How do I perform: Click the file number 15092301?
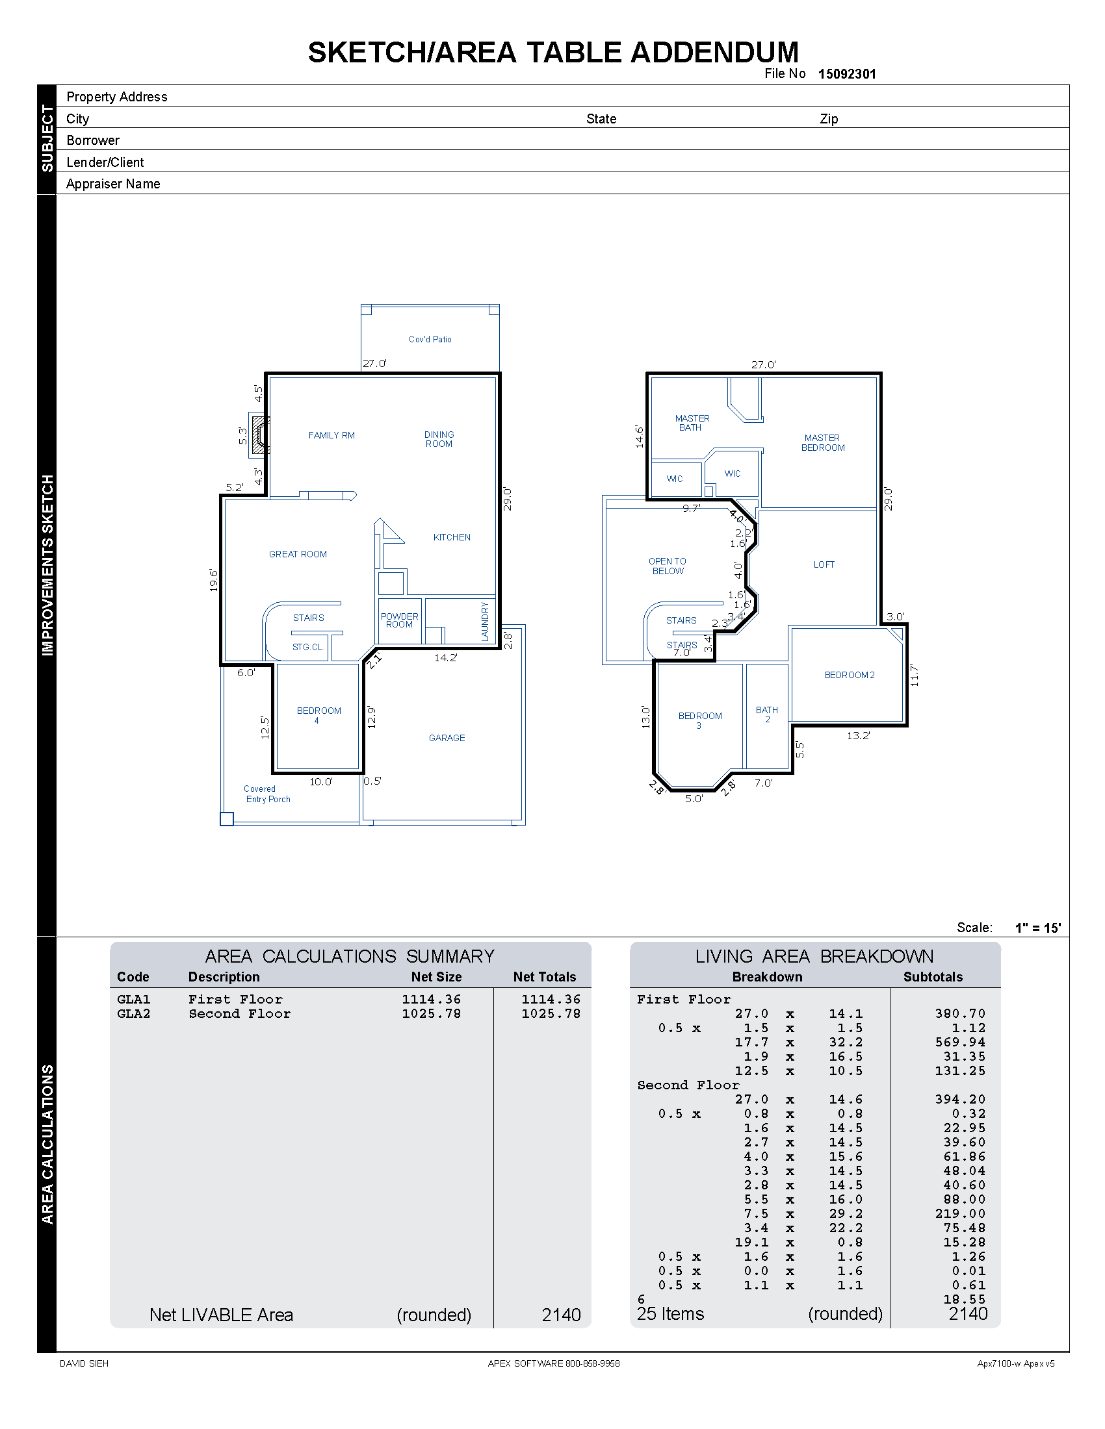coord(846,74)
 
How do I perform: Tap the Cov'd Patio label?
coord(430,339)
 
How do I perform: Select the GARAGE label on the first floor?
coord(447,737)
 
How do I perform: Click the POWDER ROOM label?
coord(399,620)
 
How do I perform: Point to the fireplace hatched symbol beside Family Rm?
coord(259,435)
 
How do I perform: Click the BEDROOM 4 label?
coord(318,715)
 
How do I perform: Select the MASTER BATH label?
coord(692,423)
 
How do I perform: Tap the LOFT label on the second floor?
coord(824,564)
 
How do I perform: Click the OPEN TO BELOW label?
coord(668,566)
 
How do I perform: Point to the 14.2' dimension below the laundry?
coord(445,657)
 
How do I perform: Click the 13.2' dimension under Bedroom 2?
coord(858,735)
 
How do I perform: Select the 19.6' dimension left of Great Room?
coord(214,580)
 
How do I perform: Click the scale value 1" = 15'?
coord(1037,928)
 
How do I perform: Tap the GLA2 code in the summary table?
coord(133,1013)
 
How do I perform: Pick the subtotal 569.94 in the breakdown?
coord(959,1042)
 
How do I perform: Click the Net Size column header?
coord(436,977)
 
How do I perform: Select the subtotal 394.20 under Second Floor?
coord(959,1099)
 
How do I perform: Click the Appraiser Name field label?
coord(113,184)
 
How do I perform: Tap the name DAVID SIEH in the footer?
coord(84,1363)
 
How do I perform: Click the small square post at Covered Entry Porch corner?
coord(226,818)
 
